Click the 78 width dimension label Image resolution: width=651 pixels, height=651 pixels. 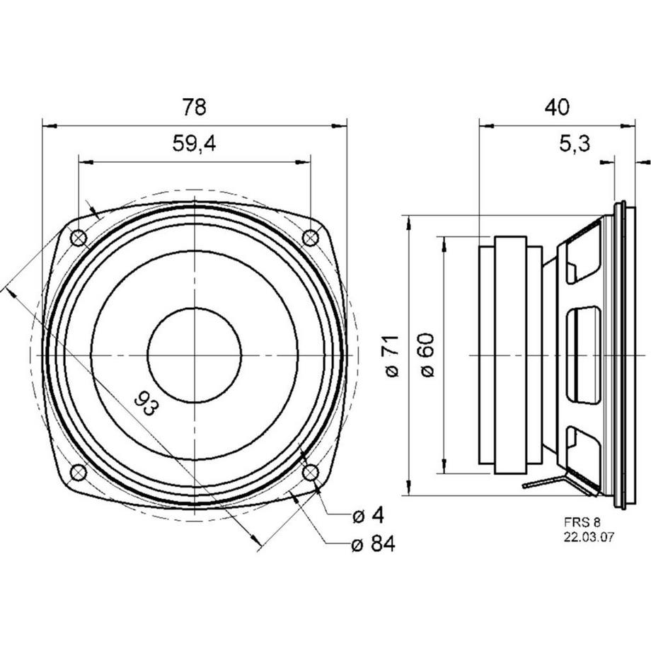coord(194,108)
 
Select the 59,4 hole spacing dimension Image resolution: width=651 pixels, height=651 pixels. coord(194,144)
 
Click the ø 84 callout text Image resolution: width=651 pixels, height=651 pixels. coord(372,544)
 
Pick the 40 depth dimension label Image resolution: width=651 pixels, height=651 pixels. coord(557,108)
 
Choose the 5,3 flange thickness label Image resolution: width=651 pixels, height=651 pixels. coord(574,144)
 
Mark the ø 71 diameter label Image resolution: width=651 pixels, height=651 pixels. coord(393,357)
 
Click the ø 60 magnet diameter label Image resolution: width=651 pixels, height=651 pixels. coord(426,357)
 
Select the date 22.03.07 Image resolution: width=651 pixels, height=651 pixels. coord(589,537)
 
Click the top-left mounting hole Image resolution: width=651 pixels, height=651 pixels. coord(79,238)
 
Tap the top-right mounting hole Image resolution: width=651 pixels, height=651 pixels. coord(310,238)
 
